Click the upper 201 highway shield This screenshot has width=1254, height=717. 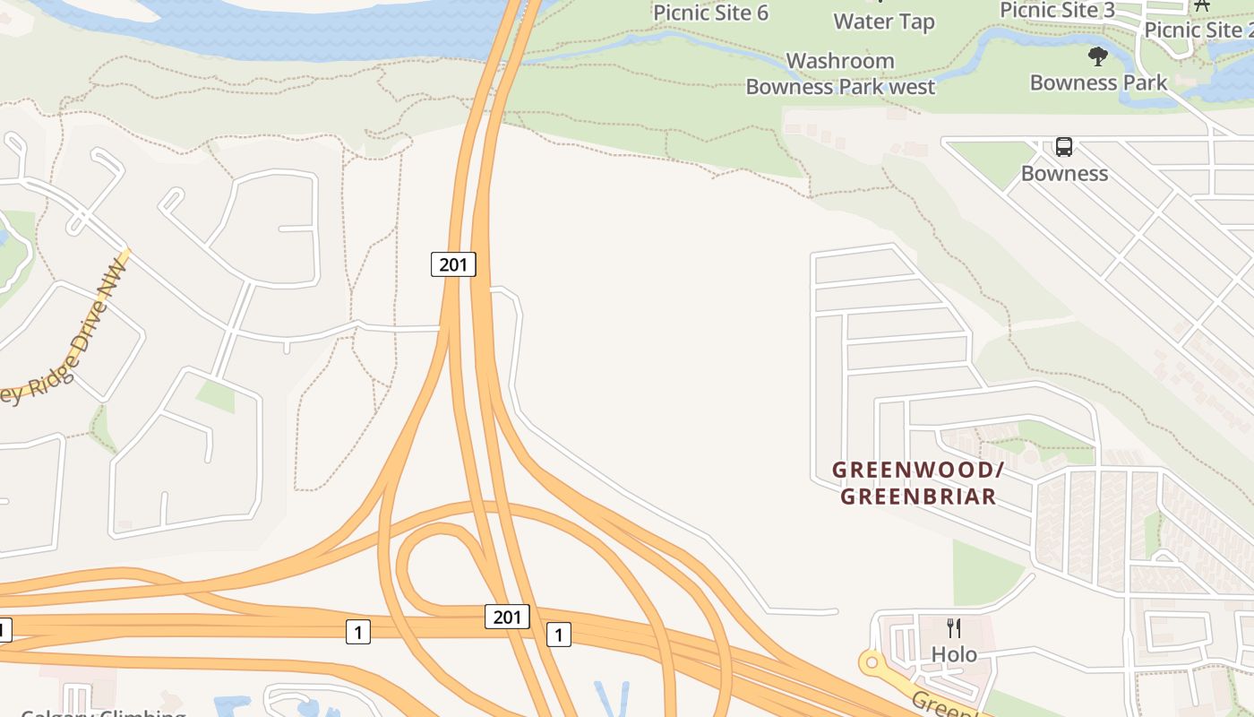(x=453, y=264)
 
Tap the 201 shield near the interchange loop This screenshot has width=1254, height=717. (x=507, y=617)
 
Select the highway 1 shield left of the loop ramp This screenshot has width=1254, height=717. (x=358, y=633)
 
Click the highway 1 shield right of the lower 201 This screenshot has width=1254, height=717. (x=559, y=635)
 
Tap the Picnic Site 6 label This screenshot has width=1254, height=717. (x=710, y=13)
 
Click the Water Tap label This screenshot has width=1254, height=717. (x=884, y=22)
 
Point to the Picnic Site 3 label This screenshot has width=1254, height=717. (x=1057, y=10)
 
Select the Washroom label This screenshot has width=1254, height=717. (x=840, y=61)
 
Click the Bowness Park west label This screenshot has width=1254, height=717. (x=840, y=87)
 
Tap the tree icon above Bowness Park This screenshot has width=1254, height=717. (x=1098, y=57)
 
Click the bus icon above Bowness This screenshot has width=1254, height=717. (x=1064, y=147)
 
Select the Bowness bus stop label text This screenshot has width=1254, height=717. (x=1064, y=173)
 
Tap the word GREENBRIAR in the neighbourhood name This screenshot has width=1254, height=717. (x=918, y=497)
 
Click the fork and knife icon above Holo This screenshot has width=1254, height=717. (x=954, y=628)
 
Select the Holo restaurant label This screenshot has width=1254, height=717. (x=954, y=654)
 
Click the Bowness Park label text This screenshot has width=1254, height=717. (x=1098, y=83)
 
